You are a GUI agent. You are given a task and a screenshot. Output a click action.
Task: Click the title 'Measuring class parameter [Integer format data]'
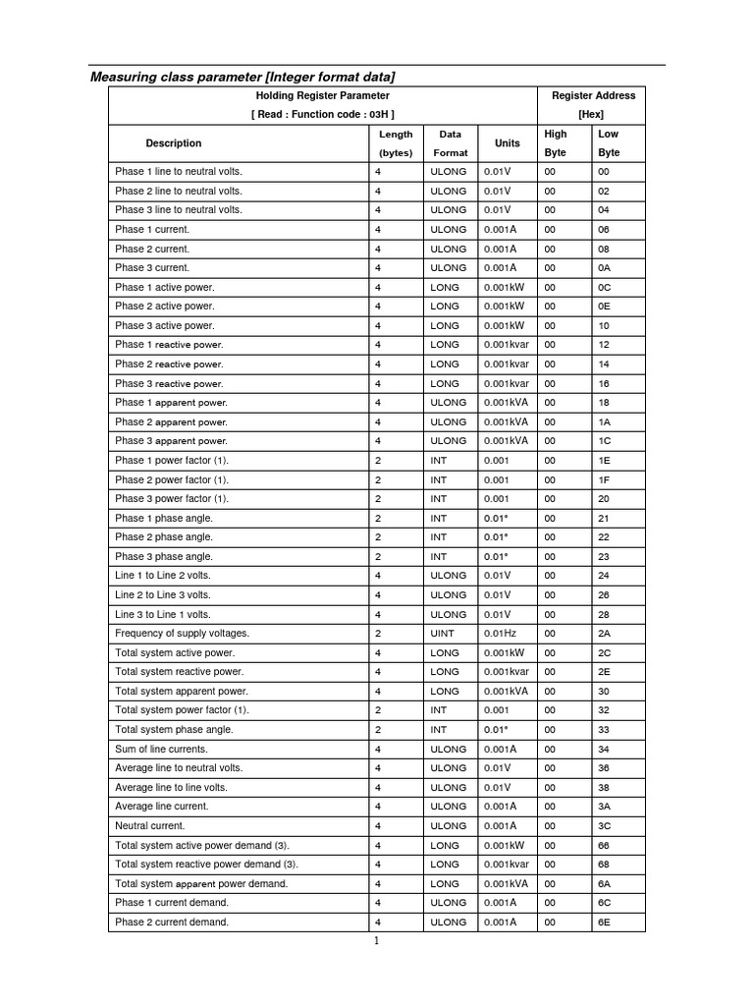(x=242, y=77)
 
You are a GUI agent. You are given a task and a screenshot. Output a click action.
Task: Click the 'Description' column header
(x=174, y=143)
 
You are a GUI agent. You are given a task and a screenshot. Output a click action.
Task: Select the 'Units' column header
(x=508, y=143)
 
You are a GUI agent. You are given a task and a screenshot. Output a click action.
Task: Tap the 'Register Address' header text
(x=593, y=95)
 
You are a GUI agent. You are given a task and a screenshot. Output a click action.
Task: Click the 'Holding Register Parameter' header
(x=322, y=95)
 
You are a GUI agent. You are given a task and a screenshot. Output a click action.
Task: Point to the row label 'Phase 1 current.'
(x=152, y=229)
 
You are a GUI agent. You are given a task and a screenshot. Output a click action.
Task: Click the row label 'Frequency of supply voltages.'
(x=182, y=634)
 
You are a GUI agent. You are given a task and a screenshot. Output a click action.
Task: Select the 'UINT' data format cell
(x=443, y=634)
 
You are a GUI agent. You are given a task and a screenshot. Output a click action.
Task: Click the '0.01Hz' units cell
(x=500, y=634)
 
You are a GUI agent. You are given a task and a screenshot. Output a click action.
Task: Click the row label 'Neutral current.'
(x=149, y=826)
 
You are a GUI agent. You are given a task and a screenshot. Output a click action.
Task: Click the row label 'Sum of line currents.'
(x=161, y=750)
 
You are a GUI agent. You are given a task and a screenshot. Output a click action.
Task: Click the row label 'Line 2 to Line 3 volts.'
(x=163, y=595)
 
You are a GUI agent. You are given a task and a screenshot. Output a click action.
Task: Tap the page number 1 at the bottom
(x=376, y=941)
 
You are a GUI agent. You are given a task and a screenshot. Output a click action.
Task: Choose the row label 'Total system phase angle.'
(x=172, y=730)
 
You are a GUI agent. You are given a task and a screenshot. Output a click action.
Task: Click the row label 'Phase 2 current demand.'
(x=172, y=922)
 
